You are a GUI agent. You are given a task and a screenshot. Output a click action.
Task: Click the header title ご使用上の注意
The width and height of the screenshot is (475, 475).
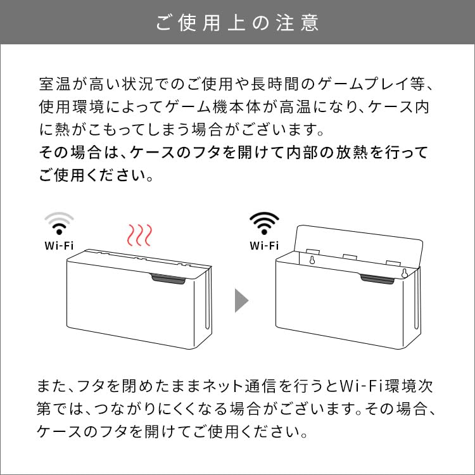click(x=237, y=23)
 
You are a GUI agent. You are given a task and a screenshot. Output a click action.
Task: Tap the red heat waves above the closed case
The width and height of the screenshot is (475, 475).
click(x=138, y=235)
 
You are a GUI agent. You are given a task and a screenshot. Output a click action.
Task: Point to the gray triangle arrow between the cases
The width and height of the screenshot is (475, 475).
click(x=242, y=300)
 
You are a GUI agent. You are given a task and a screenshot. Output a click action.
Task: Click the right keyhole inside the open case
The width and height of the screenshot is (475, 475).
click(x=403, y=274)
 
